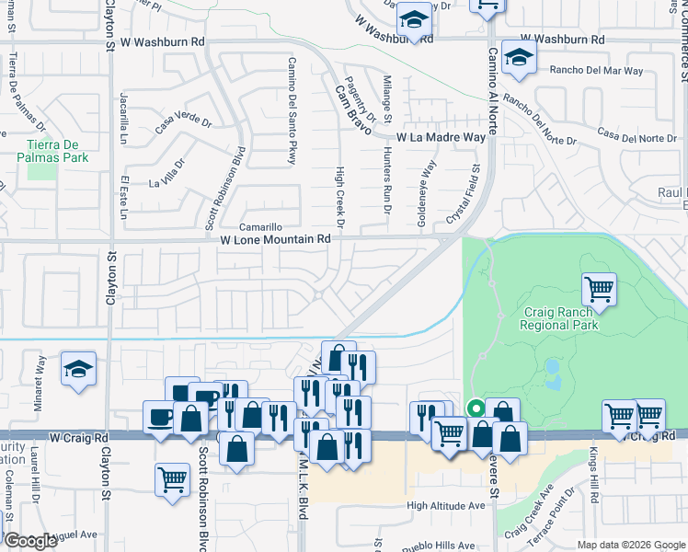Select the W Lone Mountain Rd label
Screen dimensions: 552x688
click(x=275, y=239)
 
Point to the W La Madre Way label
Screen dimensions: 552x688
click(x=441, y=137)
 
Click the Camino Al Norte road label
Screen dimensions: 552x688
click(x=492, y=91)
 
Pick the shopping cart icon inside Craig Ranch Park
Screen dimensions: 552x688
click(x=599, y=290)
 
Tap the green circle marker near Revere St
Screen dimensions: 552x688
click(x=476, y=408)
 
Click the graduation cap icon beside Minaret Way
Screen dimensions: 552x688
click(x=79, y=369)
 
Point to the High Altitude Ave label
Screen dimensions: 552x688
click(x=445, y=506)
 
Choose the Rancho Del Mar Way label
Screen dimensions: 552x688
click(x=596, y=70)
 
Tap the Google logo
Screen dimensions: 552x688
click(x=29, y=541)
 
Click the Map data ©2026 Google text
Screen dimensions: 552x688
click(x=632, y=545)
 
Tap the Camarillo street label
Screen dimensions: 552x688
click(x=260, y=226)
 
